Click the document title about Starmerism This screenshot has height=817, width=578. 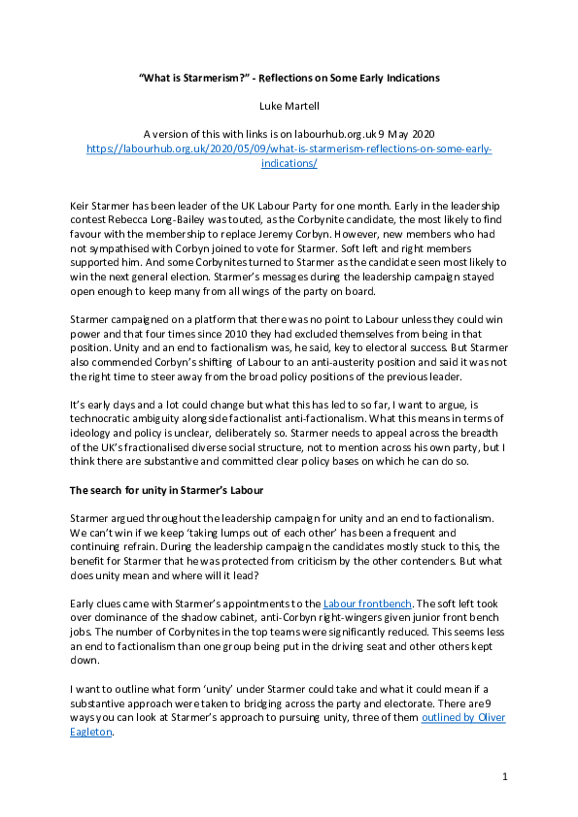289,77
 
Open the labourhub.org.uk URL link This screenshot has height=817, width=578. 289,149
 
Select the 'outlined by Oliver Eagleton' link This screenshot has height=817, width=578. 463,717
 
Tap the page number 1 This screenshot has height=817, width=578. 505,776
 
